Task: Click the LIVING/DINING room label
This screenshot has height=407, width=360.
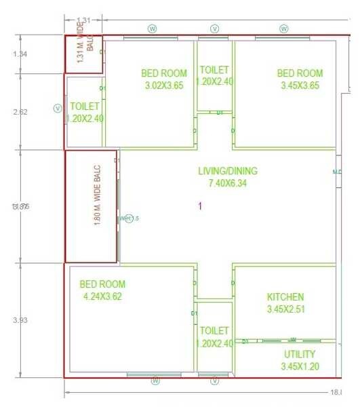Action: coord(227,171)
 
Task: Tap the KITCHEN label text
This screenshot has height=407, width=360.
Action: coord(285,297)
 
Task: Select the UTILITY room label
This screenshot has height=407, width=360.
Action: coord(299,354)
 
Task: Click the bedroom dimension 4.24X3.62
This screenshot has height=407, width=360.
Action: coord(102,296)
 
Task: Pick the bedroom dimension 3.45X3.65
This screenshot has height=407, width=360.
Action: coord(300,86)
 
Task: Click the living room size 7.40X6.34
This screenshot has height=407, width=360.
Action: coord(227,184)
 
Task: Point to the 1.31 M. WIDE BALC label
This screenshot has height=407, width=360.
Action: coord(84,43)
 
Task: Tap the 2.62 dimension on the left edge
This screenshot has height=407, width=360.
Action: coord(20,112)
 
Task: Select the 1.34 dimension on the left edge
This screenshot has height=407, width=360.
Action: coord(20,54)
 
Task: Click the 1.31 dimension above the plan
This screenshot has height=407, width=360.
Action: coord(84,21)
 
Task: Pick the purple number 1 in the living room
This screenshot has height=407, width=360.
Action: coord(200,206)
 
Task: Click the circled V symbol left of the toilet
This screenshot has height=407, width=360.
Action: coord(58,108)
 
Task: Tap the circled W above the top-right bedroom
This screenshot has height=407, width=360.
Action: coord(283,28)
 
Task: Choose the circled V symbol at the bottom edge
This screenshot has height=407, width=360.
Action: coord(215,381)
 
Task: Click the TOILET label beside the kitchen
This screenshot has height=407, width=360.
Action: coord(214,336)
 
